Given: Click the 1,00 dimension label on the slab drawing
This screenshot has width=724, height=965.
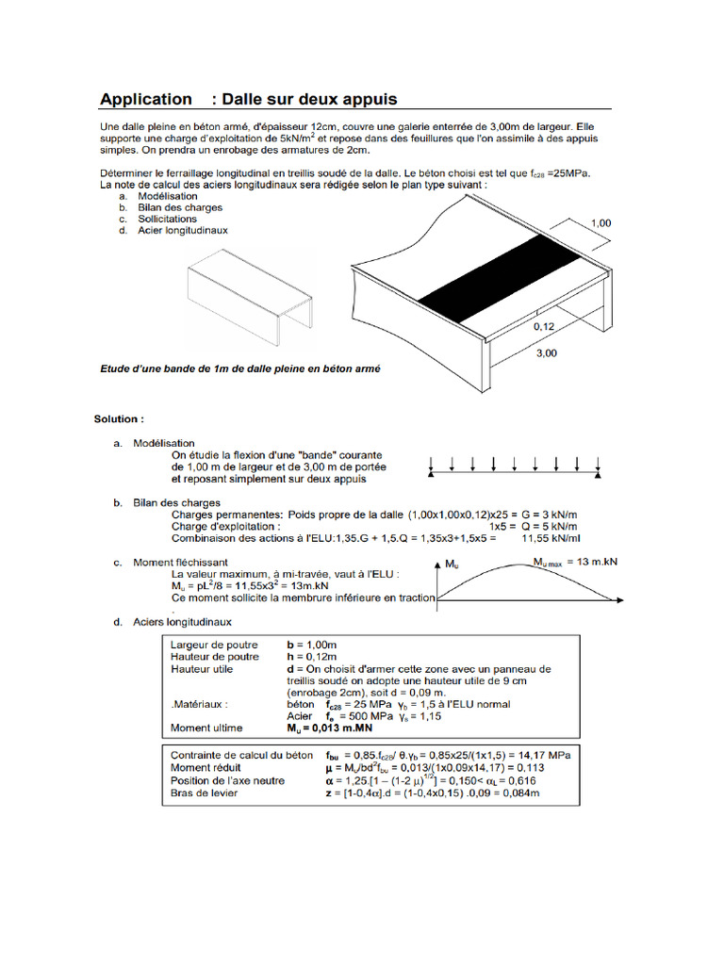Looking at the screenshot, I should [600, 223].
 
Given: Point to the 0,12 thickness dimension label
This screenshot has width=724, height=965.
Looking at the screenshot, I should [545, 325].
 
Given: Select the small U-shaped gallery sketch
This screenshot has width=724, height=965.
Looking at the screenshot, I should [251, 292].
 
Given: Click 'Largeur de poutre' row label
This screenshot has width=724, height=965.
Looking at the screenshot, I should [214, 645].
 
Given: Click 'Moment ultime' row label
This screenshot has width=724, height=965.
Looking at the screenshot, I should [206, 728].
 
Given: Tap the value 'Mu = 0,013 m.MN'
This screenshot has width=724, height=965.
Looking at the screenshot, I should [329, 728].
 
